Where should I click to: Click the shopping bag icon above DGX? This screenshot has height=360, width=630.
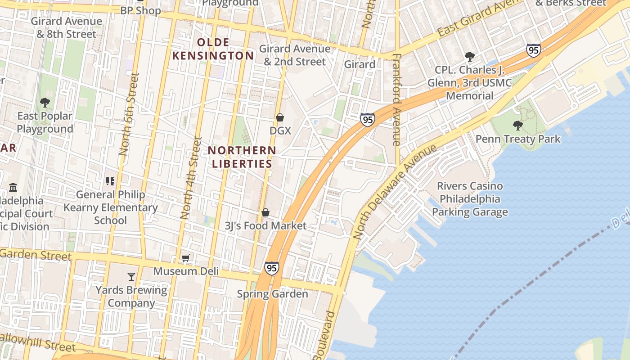pos(279,117)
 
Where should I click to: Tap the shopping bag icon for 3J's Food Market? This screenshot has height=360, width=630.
pos(265,212)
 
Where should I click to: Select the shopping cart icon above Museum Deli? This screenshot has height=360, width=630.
pos(185,258)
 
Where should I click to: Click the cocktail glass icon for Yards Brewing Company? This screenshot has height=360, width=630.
pos(131,276)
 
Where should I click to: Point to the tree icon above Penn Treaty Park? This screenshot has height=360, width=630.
pos(518,125)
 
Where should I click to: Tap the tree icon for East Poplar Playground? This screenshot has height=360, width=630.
pos(45,103)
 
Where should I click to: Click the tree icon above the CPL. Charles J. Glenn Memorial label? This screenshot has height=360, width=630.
pos(469,57)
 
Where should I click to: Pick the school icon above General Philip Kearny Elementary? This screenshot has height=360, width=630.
pos(110,181)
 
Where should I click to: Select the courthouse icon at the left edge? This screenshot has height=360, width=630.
pos(13,187)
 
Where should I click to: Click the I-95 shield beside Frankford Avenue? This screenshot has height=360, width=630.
pos(368,120)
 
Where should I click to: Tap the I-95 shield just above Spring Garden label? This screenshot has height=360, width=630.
pos(271,268)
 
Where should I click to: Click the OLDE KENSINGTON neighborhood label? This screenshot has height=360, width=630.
pos(213,49)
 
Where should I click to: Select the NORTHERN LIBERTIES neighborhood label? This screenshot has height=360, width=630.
pos(242,157)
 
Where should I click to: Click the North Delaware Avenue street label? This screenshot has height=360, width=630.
pos(394,192)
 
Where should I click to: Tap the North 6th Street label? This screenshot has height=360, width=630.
pos(129,114)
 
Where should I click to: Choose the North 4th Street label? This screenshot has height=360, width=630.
pos(191,178)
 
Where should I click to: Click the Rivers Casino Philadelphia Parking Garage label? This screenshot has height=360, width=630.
pos(470,199)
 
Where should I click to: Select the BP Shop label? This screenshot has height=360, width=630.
pos(140,10)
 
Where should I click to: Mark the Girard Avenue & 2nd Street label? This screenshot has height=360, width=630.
pos(295,55)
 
